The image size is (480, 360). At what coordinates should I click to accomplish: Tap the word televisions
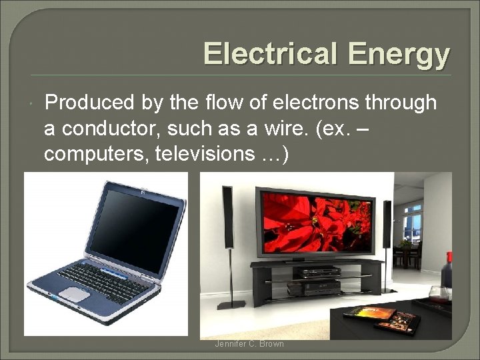[x=213, y=154]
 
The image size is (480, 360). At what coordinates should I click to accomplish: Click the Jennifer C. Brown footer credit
[x=249, y=344]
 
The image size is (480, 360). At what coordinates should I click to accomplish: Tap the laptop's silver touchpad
[x=71, y=293]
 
